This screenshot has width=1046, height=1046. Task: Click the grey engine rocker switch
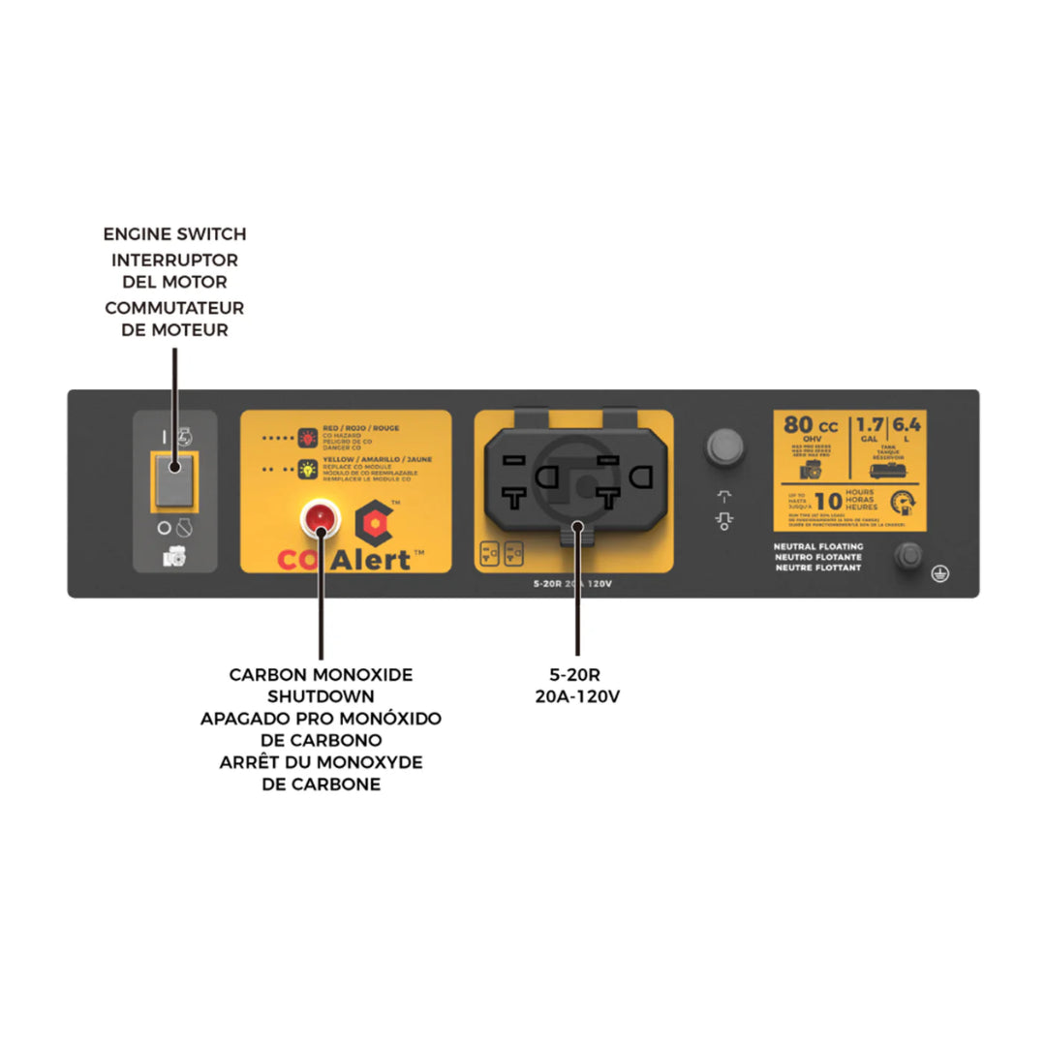click(174, 478)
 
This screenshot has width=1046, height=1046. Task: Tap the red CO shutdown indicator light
click(320, 519)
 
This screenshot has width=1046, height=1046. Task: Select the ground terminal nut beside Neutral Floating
click(908, 555)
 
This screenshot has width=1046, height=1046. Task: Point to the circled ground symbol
click(938, 573)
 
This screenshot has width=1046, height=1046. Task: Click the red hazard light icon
click(307, 437)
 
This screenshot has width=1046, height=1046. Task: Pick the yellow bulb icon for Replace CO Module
click(307, 470)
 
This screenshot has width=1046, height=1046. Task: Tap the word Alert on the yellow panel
click(373, 560)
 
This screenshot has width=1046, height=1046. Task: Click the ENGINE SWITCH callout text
click(174, 234)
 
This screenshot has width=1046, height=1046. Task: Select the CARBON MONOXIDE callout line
click(321, 675)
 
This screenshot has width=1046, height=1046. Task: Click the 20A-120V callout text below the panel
click(576, 696)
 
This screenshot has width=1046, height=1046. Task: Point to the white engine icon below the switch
click(174, 558)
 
